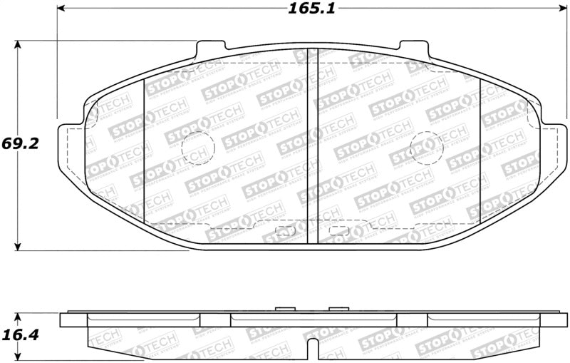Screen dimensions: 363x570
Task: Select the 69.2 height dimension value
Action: coord(20,143)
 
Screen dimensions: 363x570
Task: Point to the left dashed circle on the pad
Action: coord(199,148)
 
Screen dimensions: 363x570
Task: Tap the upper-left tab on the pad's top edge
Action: coord(204,47)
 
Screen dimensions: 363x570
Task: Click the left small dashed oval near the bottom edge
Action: coord(285,230)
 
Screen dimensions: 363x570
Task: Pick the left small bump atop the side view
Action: coord(285,309)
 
